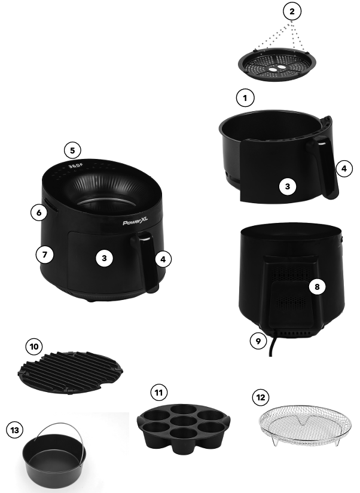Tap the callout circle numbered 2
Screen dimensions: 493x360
coord(291,11)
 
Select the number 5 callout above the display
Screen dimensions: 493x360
coord(72,150)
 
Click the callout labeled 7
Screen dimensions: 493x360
coord(44,254)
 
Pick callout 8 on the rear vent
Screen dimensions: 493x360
coord(317,286)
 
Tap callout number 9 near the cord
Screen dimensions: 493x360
coord(258,341)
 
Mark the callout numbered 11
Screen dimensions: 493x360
coord(158,393)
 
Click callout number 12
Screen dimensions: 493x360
coord(260,397)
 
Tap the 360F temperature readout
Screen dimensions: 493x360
coord(75,166)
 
